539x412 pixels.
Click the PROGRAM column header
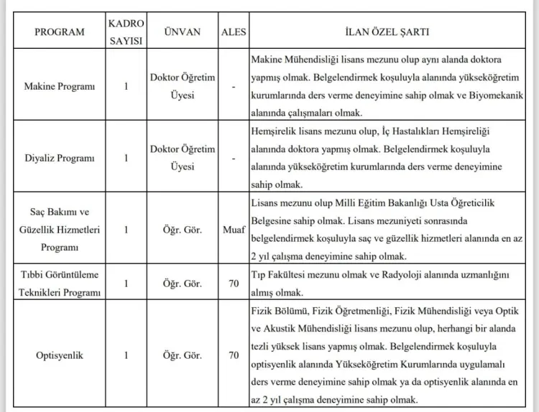(x=60, y=32)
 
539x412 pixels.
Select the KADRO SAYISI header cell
(x=126, y=32)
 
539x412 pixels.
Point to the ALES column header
(x=234, y=32)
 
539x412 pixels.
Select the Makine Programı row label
(x=60, y=86)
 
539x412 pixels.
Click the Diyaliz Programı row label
(x=60, y=157)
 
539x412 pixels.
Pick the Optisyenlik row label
(x=60, y=355)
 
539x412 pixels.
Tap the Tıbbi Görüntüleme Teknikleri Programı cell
(x=60, y=284)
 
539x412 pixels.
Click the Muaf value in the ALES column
(x=234, y=230)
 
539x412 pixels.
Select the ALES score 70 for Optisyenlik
(x=234, y=355)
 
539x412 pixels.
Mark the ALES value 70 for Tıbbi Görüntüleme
(x=234, y=284)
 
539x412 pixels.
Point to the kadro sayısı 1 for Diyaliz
(x=126, y=157)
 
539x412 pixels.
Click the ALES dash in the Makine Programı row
(x=234, y=86)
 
